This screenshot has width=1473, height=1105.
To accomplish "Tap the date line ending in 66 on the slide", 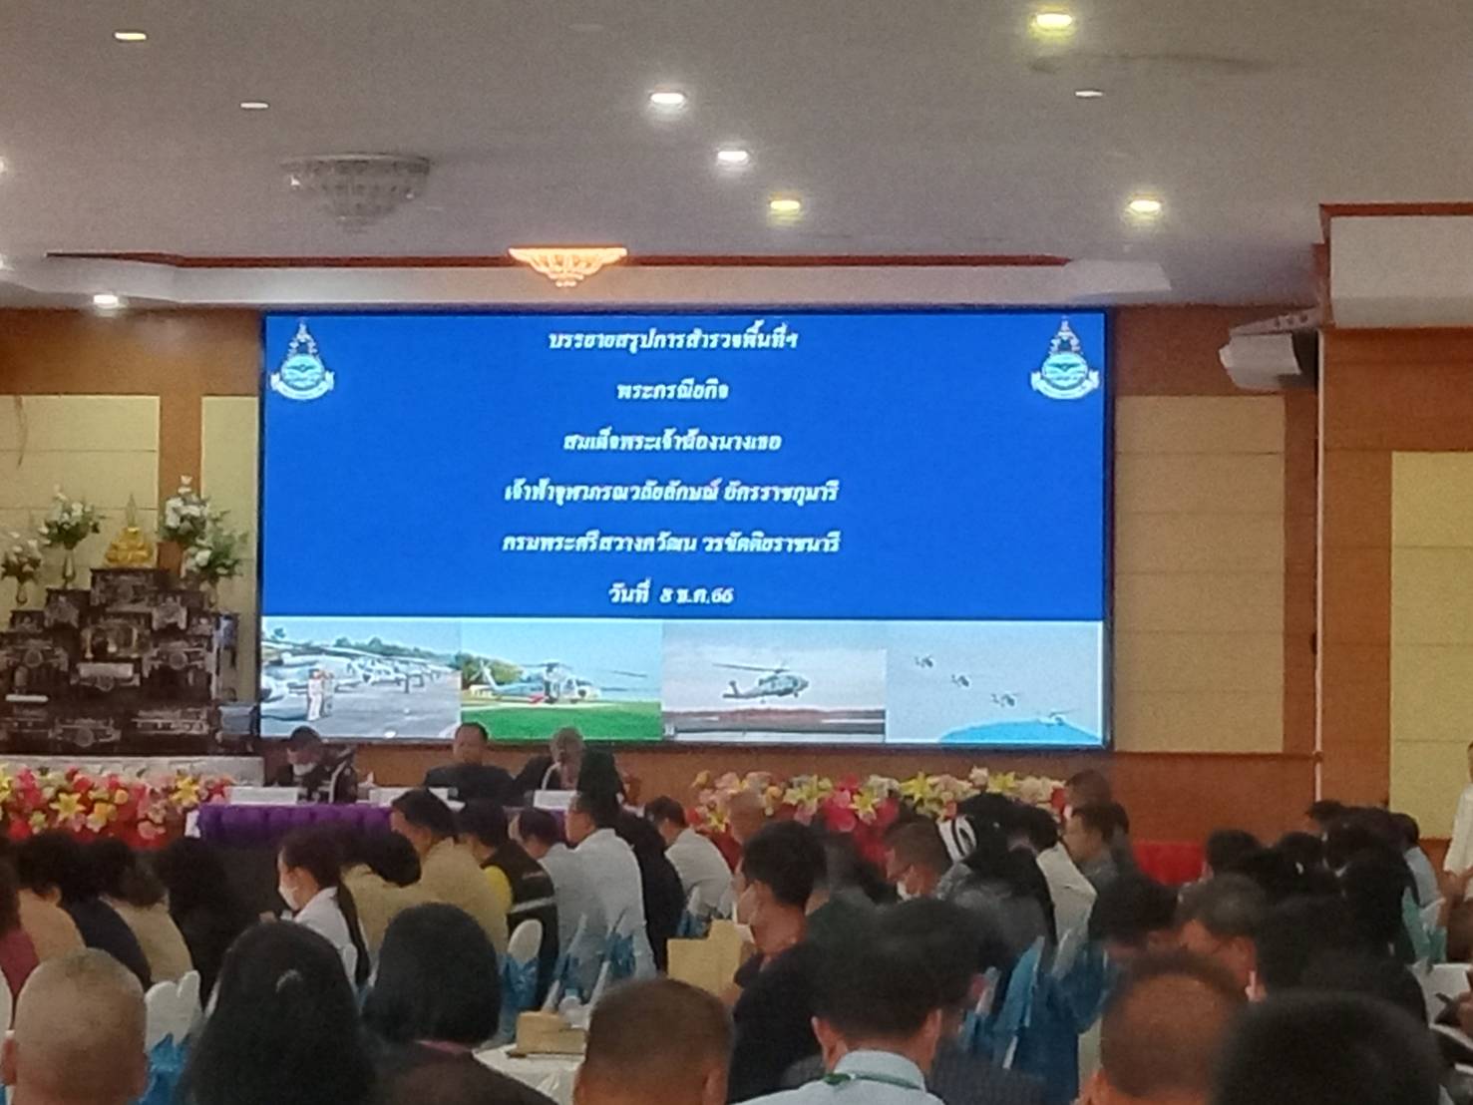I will tap(682, 595).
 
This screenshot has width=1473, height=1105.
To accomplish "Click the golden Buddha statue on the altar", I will tap(129, 539).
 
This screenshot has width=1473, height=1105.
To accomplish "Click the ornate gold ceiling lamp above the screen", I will tap(566, 264).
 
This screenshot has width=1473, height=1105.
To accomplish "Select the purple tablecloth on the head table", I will tap(289, 820).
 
